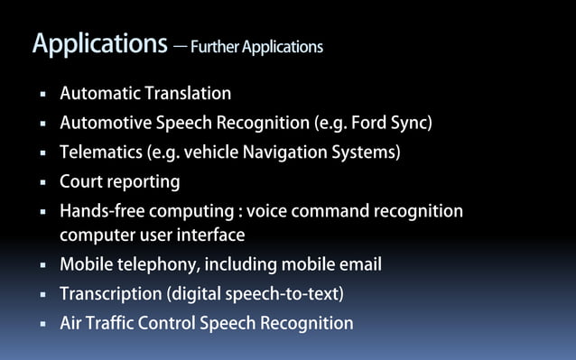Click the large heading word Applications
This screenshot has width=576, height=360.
tap(99, 44)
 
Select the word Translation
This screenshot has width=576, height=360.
tap(187, 93)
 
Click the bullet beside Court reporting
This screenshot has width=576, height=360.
tap(42, 182)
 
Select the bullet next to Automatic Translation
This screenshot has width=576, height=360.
tap(42, 94)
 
